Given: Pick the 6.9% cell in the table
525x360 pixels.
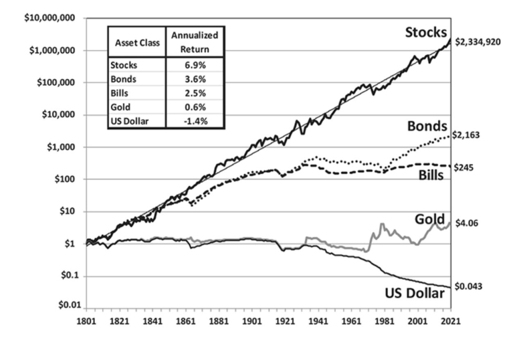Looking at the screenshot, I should point(195,66).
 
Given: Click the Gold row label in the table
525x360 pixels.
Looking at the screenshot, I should point(119,107).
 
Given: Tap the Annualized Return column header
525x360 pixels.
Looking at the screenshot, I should point(195,43).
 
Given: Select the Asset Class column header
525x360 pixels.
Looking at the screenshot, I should point(137,43).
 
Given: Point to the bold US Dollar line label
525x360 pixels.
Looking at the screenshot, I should point(414,293).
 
